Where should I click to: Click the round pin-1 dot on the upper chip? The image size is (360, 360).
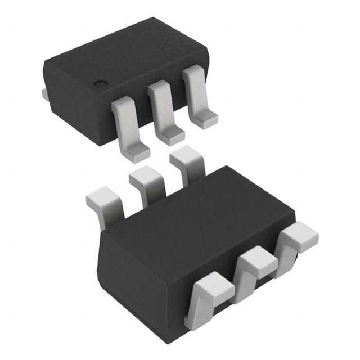pyautogui.click(x=101, y=84)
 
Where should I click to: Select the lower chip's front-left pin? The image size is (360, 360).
pyautogui.click(x=211, y=292)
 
